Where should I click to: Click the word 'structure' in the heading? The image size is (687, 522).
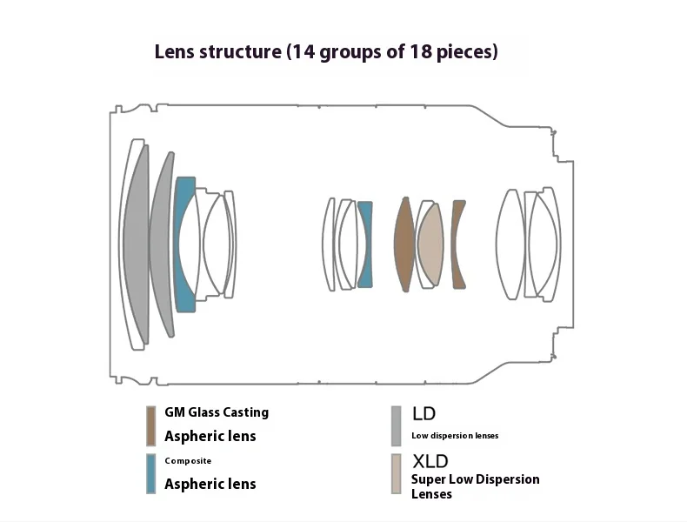pos(240,51)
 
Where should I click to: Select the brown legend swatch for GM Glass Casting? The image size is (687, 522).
pos(150,425)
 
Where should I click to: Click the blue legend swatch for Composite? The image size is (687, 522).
pos(150,474)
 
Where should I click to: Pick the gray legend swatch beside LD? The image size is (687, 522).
pos(396,425)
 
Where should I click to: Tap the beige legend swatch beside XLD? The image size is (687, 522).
pos(396,474)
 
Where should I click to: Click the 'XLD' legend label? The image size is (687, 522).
pos(430,461)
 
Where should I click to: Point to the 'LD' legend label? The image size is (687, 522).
pos(424,413)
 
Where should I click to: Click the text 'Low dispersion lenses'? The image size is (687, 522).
pos(455,436)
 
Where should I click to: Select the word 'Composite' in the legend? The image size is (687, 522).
pos(188,460)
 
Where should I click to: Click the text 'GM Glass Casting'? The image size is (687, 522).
pos(217,412)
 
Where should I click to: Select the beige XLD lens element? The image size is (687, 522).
pos(430,244)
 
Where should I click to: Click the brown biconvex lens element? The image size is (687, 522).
pos(404,244)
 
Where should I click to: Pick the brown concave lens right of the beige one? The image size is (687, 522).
pos(457,244)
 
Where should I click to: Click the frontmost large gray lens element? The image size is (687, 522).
pos(136,244)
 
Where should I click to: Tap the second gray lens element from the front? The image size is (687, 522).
pos(160,244)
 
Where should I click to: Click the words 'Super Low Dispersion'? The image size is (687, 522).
pos(476,479)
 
